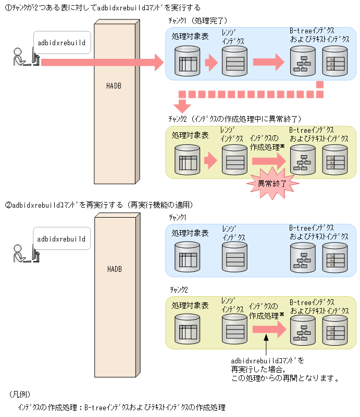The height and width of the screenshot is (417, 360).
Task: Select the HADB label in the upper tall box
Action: pyautogui.click(x=114, y=86)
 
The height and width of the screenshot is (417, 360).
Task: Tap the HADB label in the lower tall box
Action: pyautogui.click(x=114, y=269)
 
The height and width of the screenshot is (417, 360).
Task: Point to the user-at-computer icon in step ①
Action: pyautogui.click(x=25, y=57)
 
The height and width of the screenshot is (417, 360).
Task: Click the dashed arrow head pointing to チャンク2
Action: pyautogui.click(x=182, y=106)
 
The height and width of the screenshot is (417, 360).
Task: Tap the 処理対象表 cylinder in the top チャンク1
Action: pyautogui.click(x=188, y=62)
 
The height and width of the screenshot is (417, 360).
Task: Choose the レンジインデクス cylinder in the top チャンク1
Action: pyautogui.click(x=235, y=62)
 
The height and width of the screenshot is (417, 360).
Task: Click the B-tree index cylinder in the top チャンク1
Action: pyautogui.click(x=303, y=62)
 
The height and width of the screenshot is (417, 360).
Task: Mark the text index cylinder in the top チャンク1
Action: pyautogui.click(x=334, y=62)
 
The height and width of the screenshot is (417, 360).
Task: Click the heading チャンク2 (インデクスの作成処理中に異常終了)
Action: pyautogui.click(x=235, y=119)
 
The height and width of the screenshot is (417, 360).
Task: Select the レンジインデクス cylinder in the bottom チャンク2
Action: pyautogui.click(x=235, y=329)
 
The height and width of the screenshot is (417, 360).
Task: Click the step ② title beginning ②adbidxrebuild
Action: pyautogui.click(x=99, y=205)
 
